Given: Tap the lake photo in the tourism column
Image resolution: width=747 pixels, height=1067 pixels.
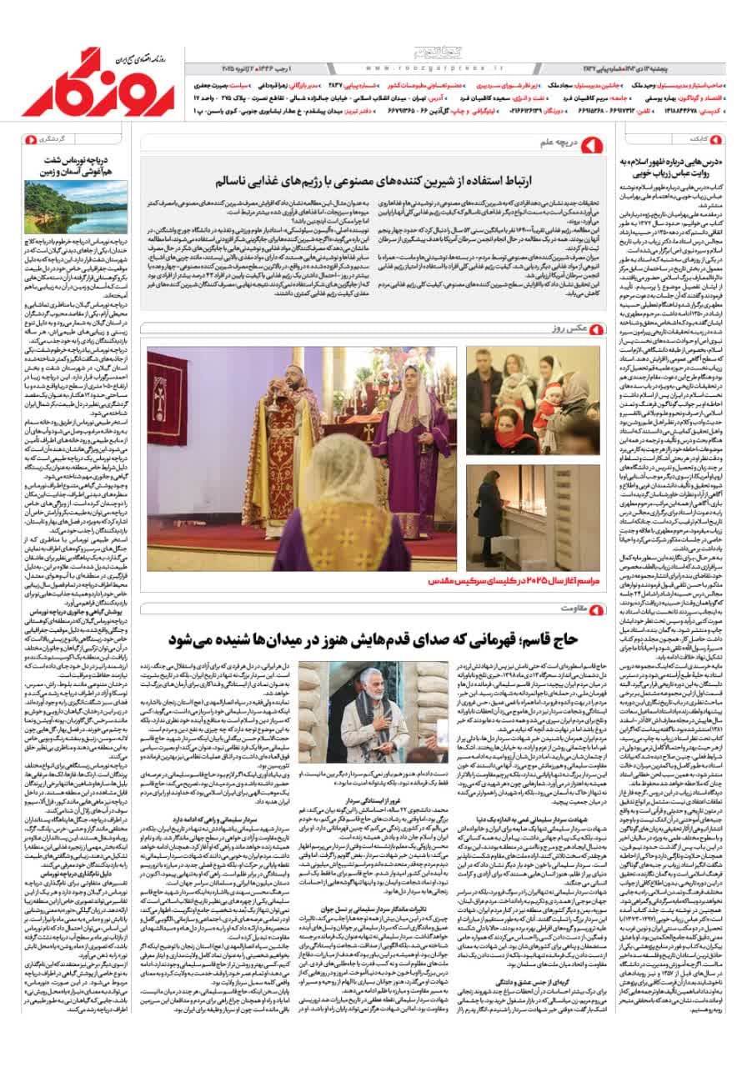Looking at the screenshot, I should coord(77,207).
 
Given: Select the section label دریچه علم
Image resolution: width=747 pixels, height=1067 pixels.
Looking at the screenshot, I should coord(559,147).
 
